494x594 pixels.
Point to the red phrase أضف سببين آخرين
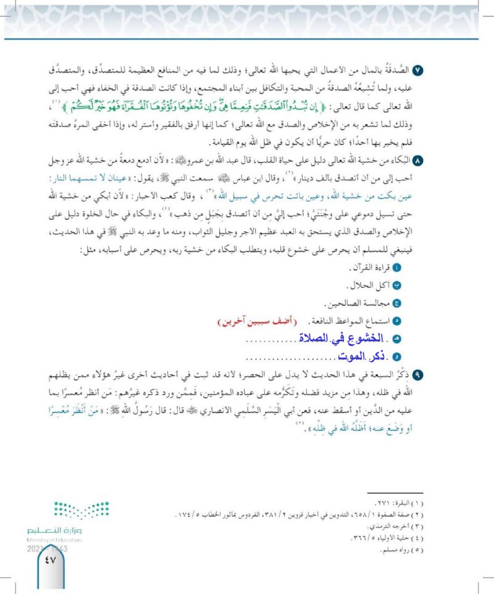(253, 322)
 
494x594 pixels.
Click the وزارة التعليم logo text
(51, 530)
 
